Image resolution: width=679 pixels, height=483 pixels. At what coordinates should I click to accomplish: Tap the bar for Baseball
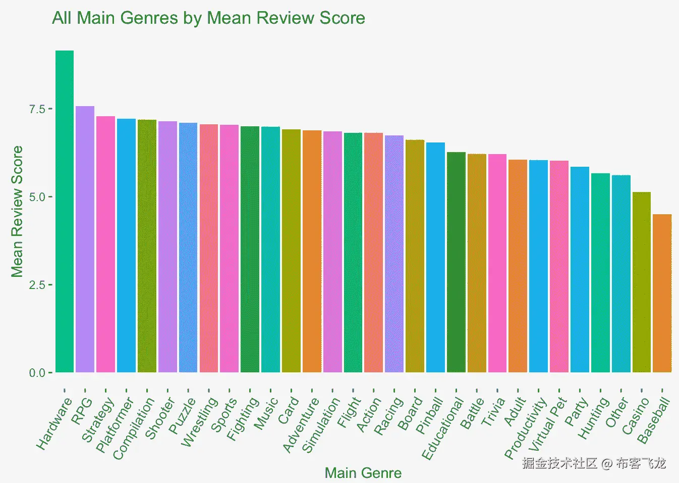pos(662,293)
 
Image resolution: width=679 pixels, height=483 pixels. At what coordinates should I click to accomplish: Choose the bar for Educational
pos(456,262)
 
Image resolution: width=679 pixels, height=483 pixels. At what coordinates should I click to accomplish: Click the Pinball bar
pos(435,257)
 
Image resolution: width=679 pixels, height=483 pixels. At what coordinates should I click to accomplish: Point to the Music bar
pos(270,250)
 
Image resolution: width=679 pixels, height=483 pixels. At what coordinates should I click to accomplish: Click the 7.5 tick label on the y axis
pos(37,109)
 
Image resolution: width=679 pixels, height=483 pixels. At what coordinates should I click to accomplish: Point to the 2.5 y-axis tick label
pos(37,285)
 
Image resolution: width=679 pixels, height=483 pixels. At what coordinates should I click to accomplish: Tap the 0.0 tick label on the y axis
pos(37,373)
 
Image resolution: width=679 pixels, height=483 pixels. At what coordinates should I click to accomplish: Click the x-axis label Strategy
pos(98,420)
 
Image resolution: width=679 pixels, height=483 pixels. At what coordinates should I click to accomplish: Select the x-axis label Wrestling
pos(199,422)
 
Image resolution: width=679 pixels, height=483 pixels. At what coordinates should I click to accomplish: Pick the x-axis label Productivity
pos(525,428)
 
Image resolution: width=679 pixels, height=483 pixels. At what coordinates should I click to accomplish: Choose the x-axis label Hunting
pos(593,418)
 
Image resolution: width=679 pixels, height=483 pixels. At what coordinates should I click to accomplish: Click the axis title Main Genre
pos(363,473)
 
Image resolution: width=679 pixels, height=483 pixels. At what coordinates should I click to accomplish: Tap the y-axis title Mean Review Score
pos(17,211)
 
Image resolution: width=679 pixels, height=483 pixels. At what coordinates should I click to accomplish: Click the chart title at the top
pos(208,18)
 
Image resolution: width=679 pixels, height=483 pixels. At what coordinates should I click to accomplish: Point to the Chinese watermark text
pos(594,463)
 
